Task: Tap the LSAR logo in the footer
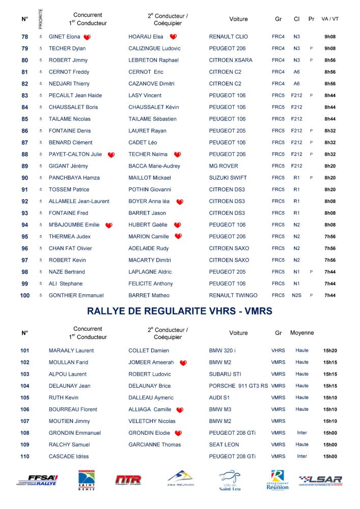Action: (320, 480)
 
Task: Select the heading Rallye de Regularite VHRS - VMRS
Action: (180, 311)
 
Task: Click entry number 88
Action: (25, 154)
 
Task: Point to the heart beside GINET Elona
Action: (87, 37)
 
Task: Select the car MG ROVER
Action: (224, 166)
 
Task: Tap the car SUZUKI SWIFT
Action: (228, 178)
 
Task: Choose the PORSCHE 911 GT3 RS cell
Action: (238, 386)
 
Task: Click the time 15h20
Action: (330, 351)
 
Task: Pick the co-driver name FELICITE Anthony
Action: (151, 284)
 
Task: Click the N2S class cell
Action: (297, 295)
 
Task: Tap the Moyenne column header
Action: (302, 333)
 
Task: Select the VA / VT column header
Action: (330, 19)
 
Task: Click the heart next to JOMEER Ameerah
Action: (183, 363)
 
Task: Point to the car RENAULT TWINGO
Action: (233, 295)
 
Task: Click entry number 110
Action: (25, 456)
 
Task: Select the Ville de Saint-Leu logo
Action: (230, 480)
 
